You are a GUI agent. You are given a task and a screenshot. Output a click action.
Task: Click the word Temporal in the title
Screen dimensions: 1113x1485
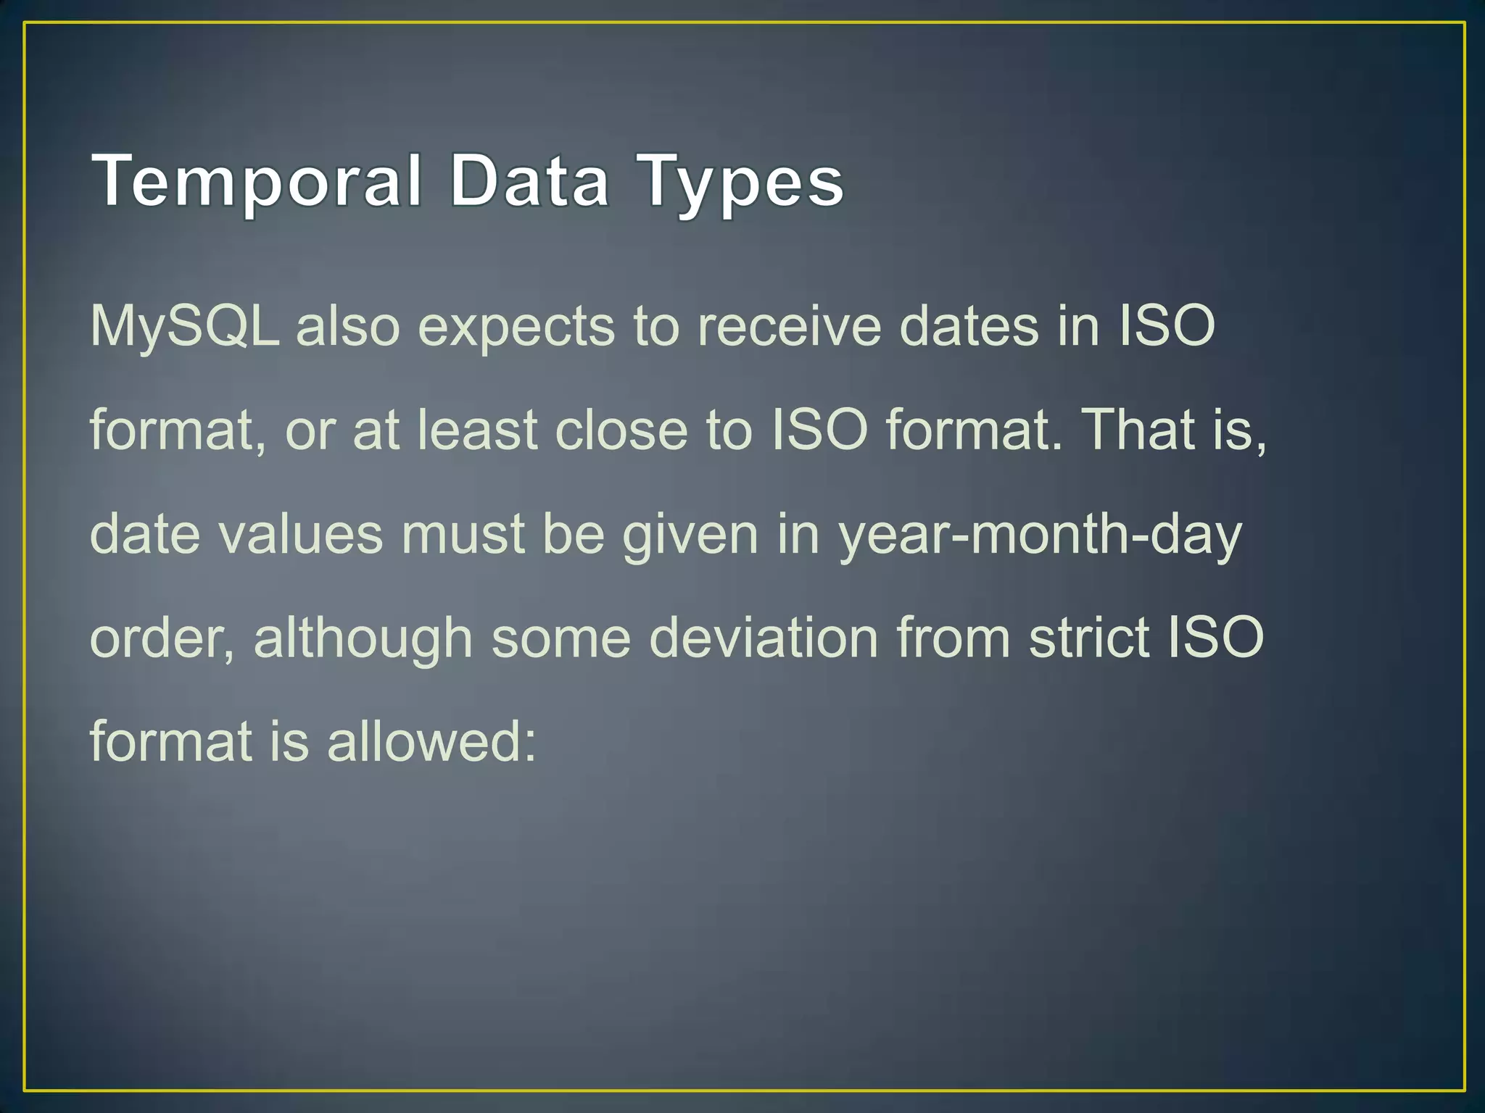click(x=257, y=181)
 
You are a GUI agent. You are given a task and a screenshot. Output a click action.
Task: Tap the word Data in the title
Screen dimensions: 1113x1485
click(x=529, y=181)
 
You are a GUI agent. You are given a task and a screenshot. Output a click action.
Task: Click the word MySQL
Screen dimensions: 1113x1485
click(x=184, y=328)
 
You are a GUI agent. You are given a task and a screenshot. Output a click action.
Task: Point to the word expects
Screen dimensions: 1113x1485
click(x=516, y=328)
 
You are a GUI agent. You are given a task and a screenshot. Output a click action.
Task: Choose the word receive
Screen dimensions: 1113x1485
click(x=789, y=326)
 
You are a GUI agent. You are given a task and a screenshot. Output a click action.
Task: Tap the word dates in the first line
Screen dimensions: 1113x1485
click(x=969, y=326)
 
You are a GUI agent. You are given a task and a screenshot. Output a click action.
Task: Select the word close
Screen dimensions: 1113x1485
click(x=621, y=430)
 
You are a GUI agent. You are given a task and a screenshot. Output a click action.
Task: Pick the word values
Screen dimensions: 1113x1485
click(x=301, y=534)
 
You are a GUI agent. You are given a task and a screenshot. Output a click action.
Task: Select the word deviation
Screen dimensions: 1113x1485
click(x=763, y=638)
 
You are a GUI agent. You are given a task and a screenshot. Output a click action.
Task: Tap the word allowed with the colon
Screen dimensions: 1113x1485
click(x=431, y=742)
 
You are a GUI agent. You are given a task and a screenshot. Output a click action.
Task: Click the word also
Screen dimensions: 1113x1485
click(x=348, y=326)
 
